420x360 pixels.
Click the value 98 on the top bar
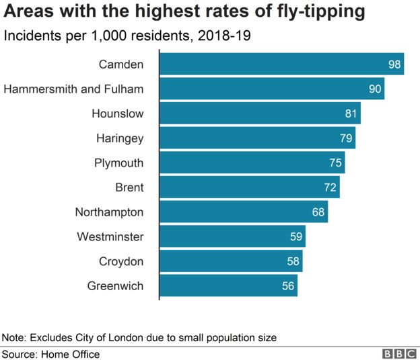point(395,64)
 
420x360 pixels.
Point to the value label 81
point(351,114)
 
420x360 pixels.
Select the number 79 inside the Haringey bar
point(346,138)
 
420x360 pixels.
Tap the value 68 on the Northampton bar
point(318,212)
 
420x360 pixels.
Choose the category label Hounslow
point(117,114)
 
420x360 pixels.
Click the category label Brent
point(129,187)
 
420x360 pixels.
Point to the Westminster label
point(110,236)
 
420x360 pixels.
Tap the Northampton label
point(109,212)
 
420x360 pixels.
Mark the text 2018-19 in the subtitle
point(222,36)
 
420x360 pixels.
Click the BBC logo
point(398,354)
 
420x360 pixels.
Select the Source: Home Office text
point(51,354)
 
